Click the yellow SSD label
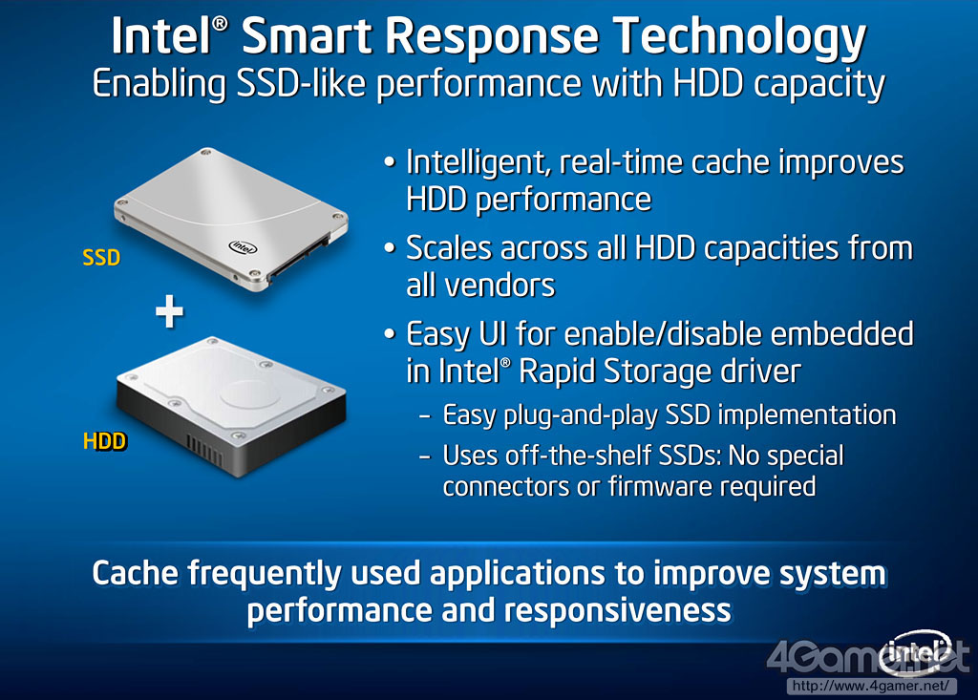(x=101, y=257)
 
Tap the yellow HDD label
(x=105, y=441)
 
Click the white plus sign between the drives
(x=169, y=311)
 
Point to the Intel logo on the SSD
(x=243, y=247)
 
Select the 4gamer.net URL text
(x=871, y=687)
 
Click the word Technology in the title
(x=739, y=37)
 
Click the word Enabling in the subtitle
(x=159, y=85)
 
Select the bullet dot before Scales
(x=390, y=248)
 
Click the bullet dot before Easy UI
(x=390, y=334)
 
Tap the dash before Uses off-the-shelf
(x=425, y=456)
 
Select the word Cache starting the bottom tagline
(x=138, y=573)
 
